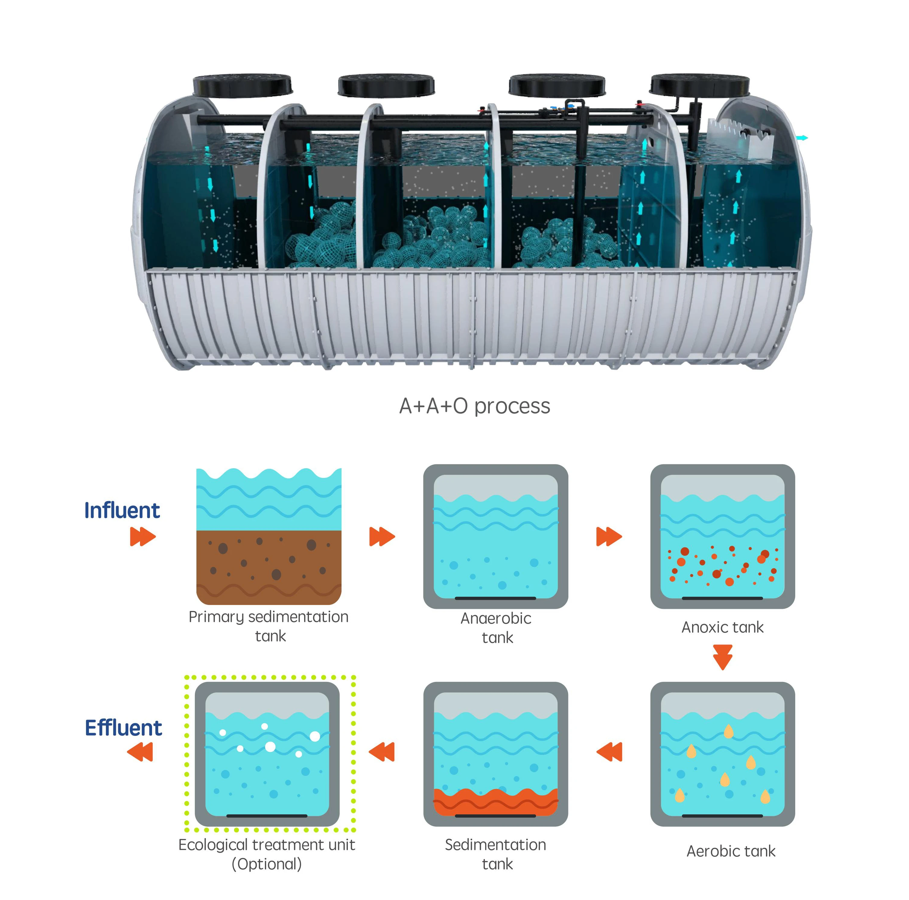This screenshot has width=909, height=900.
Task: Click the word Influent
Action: pyautogui.click(x=122, y=510)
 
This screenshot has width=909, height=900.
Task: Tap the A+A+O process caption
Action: pyautogui.click(x=474, y=406)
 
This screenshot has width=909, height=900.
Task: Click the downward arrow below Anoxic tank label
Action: pyautogui.click(x=723, y=657)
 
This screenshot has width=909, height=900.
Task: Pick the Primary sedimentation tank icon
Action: pyautogui.click(x=269, y=536)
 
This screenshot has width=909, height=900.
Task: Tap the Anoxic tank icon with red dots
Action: pyautogui.click(x=723, y=536)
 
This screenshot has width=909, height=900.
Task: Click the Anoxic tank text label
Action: pyautogui.click(x=723, y=627)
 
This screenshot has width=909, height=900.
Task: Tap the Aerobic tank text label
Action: pyautogui.click(x=731, y=851)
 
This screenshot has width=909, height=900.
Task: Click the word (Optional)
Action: pyautogui.click(x=267, y=864)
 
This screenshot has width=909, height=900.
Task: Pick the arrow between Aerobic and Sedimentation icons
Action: pyautogui.click(x=609, y=752)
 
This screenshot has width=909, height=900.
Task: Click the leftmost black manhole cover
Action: pyautogui.click(x=242, y=86)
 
